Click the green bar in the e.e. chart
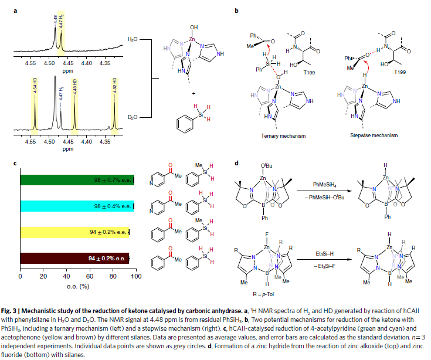point(76,180)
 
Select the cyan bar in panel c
point(76,206)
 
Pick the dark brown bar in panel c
point(74,258)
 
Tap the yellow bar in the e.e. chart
point(74,232)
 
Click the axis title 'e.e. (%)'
point(77,286)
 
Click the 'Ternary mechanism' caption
point(274,134)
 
